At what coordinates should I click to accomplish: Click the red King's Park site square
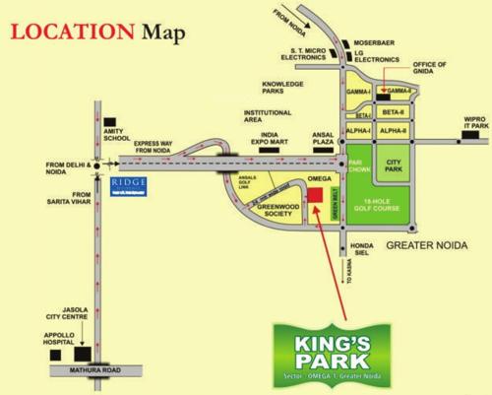point(315,192)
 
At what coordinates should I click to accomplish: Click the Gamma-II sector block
point(398,92)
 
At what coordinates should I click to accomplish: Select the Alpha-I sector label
point(357,130)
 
